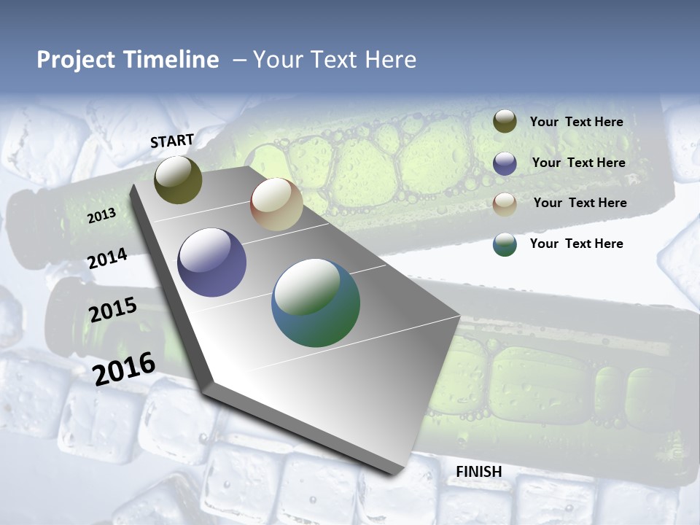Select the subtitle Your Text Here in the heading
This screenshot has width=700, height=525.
pyautogui.click(x=334, y=60)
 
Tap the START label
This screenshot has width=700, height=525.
pyautogui.click(x=172, y=141)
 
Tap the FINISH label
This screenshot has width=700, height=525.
pyautogui.click(x=478, y=472)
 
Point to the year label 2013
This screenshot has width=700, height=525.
pyautogui.click(x=101, y=216)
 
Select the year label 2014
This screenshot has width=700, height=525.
pyautogui.click(x=108, y=258)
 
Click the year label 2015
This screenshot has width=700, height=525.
pyautogui.click(x=113, y=309)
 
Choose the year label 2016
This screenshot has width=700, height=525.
pyautogui.click(x=124, y=368)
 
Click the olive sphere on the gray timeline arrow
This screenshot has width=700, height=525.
pyautogui.click(x=179, y=180)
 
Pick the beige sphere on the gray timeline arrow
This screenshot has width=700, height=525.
pyautogui.click(x=276, y=204)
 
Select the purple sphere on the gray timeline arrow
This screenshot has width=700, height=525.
pyautogui.click(x=212, y=262)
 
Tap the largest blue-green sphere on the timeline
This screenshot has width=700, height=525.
pyautogui.click(x=316, y=303)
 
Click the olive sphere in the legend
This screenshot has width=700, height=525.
pyautogui.click(x=505, y=122)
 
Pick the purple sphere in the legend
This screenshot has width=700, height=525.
pyautogui.click(x=505, y=163)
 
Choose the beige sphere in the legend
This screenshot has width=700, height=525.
pyautogui.click(x=505, y=204)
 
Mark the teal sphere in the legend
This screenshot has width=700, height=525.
pyautogui.click(x=505, y=244)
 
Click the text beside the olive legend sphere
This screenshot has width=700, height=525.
pyautogui.click(x=576, y=122)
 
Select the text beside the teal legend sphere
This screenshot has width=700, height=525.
pyautogui.click(x=576, y=244)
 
